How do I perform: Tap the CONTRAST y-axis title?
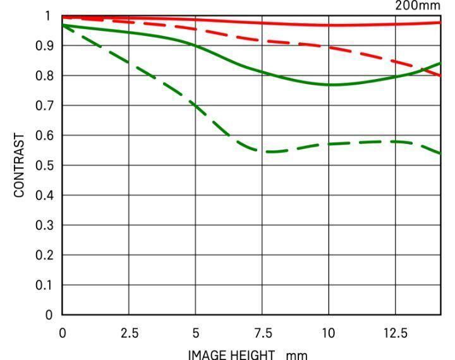point(20,165)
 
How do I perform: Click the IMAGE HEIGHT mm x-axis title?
point(248,354)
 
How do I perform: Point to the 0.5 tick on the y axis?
point(49,165)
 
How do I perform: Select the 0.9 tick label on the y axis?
point(49,45)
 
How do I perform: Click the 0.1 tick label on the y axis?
point(49,285)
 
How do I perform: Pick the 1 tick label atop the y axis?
point(49,16)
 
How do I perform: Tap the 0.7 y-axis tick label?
point(49,105)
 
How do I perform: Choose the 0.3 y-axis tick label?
point(49,225)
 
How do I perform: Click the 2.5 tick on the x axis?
point(129,333)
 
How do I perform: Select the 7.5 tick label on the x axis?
point(262,333)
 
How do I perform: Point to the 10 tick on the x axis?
point(329,333)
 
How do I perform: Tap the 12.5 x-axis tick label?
point(396,333)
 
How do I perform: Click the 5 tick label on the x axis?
point(196,333)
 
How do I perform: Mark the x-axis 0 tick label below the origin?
point(63,333)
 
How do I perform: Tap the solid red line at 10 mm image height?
point(329,25)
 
